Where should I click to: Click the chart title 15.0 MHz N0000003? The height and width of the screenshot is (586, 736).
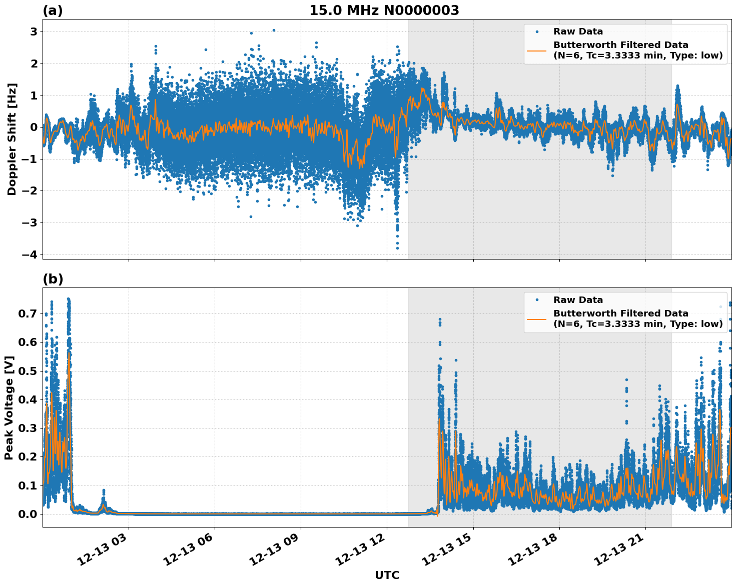pyautogui.click(x=384, y=10)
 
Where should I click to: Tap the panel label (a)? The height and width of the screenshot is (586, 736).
pyautogui.click(x=53, y=10)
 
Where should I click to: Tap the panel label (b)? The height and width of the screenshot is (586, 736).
pyautogui.click(x=53, y=279)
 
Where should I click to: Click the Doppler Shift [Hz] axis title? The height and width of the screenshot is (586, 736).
pyautogui.click(x=12, y=139)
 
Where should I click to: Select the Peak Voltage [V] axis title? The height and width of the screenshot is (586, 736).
pyautogui.click(x=9, y=407)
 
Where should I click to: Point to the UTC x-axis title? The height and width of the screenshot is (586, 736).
pyautogui.click(x=387, y=575)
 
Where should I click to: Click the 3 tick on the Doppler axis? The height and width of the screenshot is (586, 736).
pyautogui.click(x=33, y=32)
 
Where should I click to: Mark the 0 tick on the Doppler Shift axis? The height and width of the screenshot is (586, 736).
pyautogui.click(x=33, y=127)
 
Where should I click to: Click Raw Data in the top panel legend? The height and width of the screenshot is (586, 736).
pyautogui.click(x=578, y=31)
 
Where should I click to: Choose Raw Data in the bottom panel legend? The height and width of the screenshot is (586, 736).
pyautogui.click(x=578, y=300)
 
